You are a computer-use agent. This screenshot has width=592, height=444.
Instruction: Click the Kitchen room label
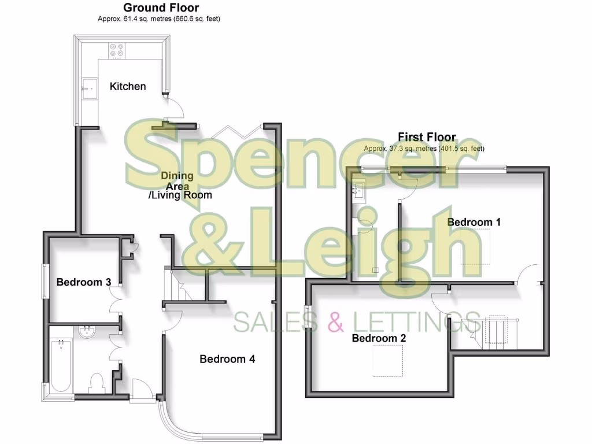click(x=128, y=86)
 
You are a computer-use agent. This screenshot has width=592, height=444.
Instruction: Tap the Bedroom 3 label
click(x=83, y=282)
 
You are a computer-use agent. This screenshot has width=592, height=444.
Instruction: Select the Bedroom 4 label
click(x=227, y=359)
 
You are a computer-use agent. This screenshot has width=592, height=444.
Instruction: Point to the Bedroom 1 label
click(x=474, y=222)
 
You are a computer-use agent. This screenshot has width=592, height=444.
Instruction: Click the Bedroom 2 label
click(x=379, y=338)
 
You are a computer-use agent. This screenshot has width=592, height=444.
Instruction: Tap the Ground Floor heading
click(x=161, y=8)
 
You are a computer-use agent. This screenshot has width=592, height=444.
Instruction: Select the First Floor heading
click(x=427, y=137)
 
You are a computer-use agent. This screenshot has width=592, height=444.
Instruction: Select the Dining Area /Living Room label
click(x=179, y=186)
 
